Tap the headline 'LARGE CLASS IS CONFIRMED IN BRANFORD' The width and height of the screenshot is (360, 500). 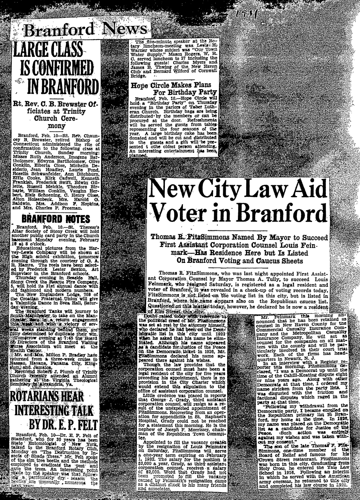click(x=56, y=68)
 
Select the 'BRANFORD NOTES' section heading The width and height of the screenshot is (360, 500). click(x=56, y=219)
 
